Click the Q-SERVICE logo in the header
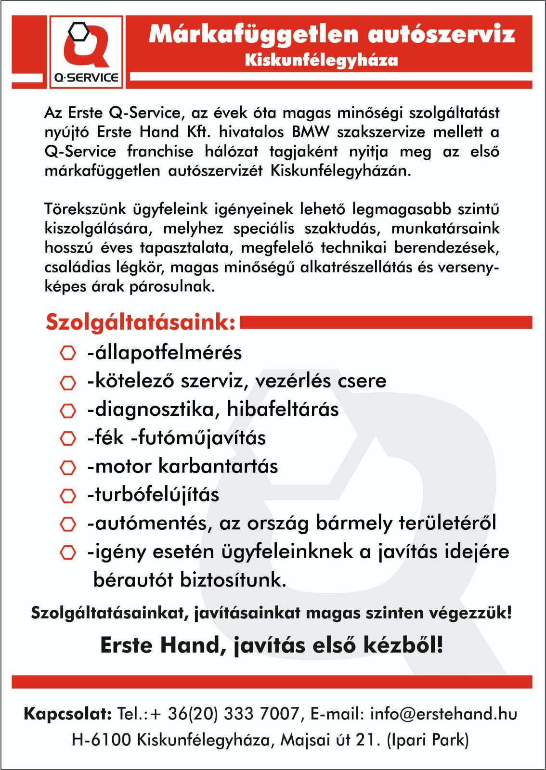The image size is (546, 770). [86, 52]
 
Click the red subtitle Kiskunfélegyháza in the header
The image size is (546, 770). [321, 61]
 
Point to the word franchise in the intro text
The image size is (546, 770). [160, 152]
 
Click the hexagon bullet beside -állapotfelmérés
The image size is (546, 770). [68, 353]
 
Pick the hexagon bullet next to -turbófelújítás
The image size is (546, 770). [68, 495]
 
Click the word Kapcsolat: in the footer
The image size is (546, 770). [68, 714]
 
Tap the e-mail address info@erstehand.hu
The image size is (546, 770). [443, 714]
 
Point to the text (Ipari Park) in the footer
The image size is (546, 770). [428, 740]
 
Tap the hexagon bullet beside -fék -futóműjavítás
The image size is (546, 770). [68, 438]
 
